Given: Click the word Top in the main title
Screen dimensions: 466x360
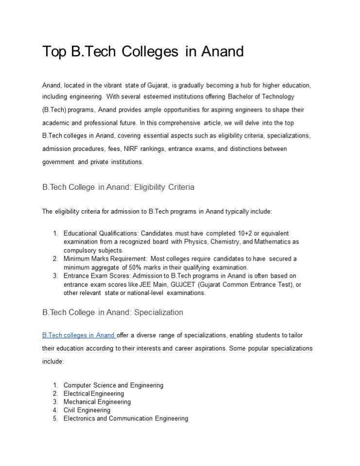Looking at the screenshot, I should tap(54, 51).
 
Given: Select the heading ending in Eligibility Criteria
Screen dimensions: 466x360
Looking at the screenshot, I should tap(119, 187).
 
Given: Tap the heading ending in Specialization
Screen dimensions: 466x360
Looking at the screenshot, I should tap(113, 312).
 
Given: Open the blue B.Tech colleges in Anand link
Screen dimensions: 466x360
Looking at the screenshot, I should tap(79, 335).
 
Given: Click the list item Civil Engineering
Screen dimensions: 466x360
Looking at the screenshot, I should tap(87, 410).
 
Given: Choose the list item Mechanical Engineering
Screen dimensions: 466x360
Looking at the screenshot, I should tap(97, 402).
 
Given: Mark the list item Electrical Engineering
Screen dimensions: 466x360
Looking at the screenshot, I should tap(94, 394).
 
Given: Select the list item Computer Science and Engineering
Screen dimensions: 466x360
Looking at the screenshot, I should tap(113, 385).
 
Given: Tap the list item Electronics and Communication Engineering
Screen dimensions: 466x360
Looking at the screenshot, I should tap(126, 418).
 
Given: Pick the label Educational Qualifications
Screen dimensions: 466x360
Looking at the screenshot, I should tap(101, 233).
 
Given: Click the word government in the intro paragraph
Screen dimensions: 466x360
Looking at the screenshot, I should tap(58, 162).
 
